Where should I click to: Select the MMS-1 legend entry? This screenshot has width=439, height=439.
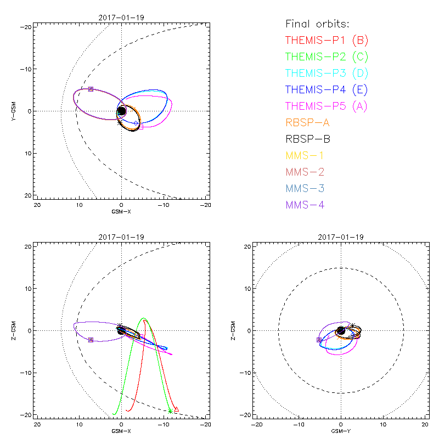305,155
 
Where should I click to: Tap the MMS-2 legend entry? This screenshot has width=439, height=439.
305,172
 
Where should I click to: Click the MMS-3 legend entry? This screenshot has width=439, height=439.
305,188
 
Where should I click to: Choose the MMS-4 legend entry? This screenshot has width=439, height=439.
305,205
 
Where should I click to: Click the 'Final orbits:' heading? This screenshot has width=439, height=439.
317,24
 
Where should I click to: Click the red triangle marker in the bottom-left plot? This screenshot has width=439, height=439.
176,408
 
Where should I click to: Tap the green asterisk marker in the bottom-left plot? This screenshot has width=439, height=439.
170,411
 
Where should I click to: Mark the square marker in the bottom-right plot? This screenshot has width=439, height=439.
319,340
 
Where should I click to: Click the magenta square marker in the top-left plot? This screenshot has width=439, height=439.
141,127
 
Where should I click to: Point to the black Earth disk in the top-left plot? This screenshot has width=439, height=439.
122,111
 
